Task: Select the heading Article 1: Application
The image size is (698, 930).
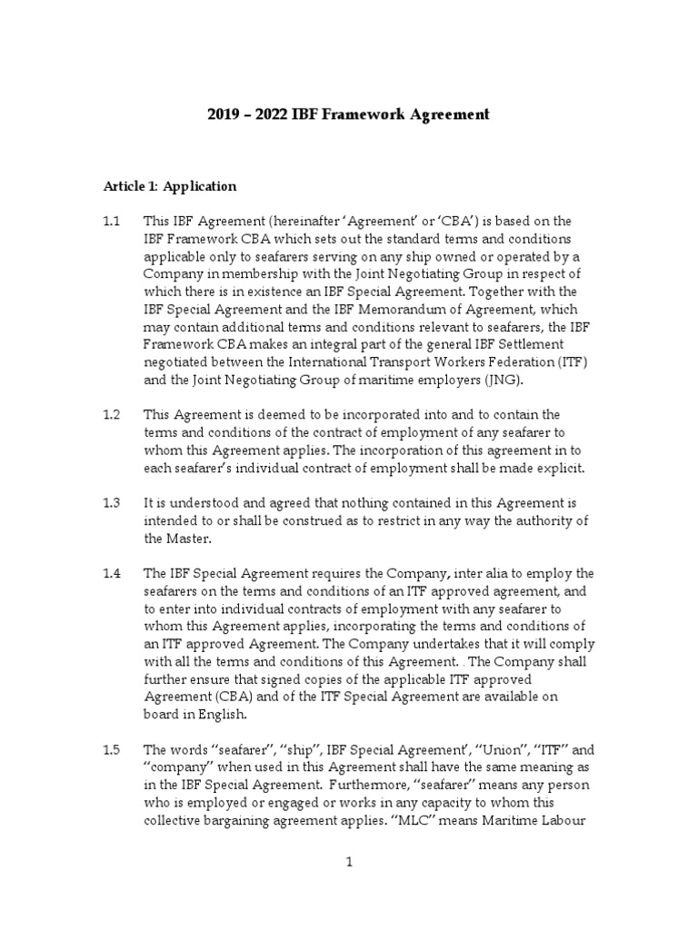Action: click(170, 186)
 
